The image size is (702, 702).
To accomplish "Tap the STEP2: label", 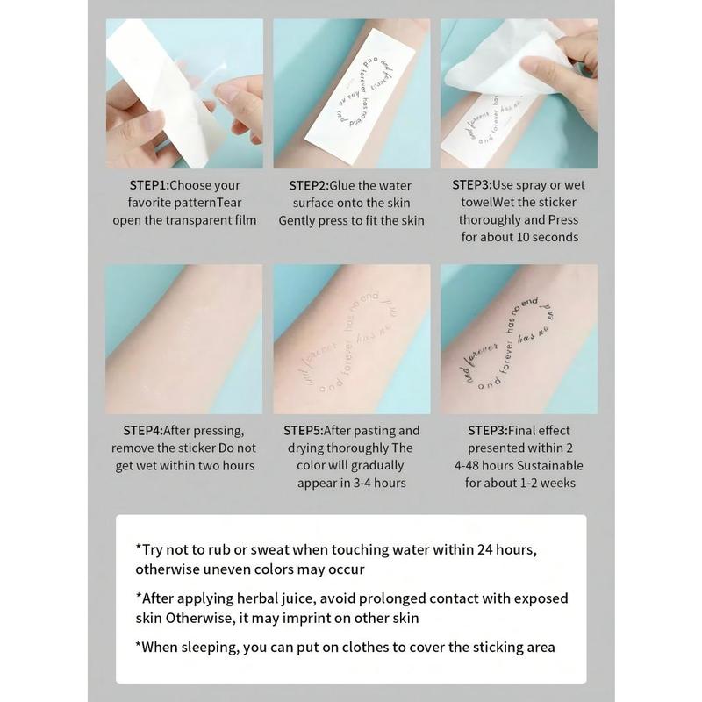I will (x=309, y=185).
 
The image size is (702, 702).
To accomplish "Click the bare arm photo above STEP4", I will (x=184, y=339).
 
